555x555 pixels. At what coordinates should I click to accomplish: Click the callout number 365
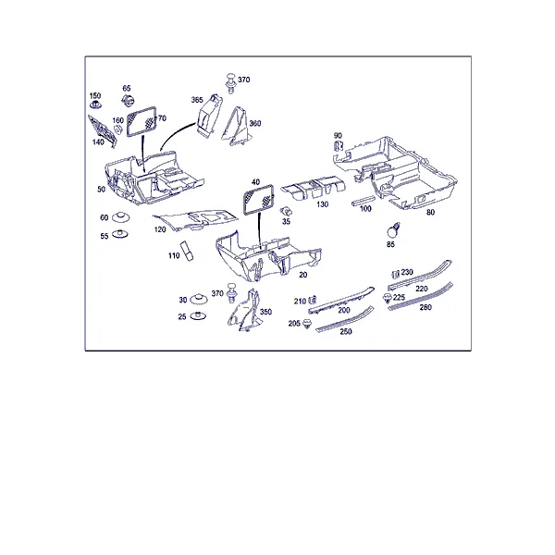point(197,100)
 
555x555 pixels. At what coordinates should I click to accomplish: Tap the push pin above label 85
point(393,230)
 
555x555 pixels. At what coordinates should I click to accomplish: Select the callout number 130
point(323,204)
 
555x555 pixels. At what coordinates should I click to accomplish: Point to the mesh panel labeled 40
point(258,199)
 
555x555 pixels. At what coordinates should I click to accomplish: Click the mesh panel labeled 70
point(142,121)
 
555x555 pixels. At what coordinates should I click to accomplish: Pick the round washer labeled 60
point(120,217)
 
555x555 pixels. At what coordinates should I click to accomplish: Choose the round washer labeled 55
point(120,234)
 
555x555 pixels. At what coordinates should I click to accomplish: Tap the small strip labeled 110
point(187,251)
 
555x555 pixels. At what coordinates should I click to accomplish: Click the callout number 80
point(430,213)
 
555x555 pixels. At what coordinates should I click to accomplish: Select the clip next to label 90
point(339,146)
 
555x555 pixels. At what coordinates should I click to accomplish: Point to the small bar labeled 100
point(364,200)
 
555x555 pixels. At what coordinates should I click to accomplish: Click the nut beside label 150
point(95,105)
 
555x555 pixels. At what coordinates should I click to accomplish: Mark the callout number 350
point(265,312)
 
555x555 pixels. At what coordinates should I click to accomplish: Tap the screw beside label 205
point(307,323)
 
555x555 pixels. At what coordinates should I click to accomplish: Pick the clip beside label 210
point(313,300)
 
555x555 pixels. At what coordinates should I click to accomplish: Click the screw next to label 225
point(388,298)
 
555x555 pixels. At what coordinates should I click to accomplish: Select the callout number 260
point(425,307)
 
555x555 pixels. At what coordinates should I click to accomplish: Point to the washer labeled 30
point(199,299)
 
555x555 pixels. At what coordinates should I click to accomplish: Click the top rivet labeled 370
point(231,82)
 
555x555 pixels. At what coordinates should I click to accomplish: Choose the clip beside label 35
point(286,212)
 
